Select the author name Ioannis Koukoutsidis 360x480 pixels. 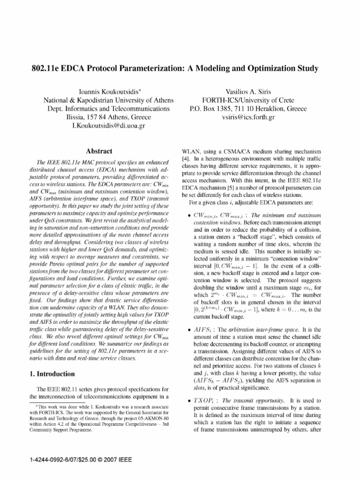pyautogui.click(x=109, y=91)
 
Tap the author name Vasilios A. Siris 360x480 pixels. pyautogui.click(x=248, y=91)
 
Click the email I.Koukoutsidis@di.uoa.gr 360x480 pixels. pyautogui.click(x=109, y=127)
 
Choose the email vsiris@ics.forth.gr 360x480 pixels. pyautogui.click(x=248, y=118)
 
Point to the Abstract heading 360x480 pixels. pyautogui.click(x=99, y=151)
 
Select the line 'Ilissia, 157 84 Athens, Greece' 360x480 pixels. pyautogui.click(x=109, y=118)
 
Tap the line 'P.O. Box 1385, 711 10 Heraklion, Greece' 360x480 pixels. pyautogui.click(x=248, y=109)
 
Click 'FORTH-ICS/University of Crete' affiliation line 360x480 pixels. pyautogui.click(x=248, y=100)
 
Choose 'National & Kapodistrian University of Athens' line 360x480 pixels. pyautogui.click(x=109, y=100)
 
